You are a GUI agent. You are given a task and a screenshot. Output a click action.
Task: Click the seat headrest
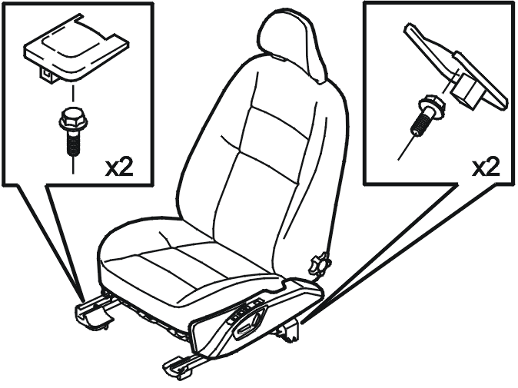coord(291,36)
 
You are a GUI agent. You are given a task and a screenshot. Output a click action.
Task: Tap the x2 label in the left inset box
coord(119,168)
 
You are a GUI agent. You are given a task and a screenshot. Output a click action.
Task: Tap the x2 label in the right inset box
coord(486,168)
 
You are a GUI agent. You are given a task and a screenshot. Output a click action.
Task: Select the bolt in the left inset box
coord(71,131)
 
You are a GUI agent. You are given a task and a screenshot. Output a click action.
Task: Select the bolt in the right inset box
coord(427,114)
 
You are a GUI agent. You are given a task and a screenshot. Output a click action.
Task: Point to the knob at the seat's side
coord(320,264)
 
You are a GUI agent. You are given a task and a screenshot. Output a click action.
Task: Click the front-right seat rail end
coord(178,366)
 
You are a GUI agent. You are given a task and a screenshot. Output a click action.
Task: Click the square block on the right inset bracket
coord(466,89)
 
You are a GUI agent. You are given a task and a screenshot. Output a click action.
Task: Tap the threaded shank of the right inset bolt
coord(421,123)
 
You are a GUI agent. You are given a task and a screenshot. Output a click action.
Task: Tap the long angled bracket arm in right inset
coord(456,66)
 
